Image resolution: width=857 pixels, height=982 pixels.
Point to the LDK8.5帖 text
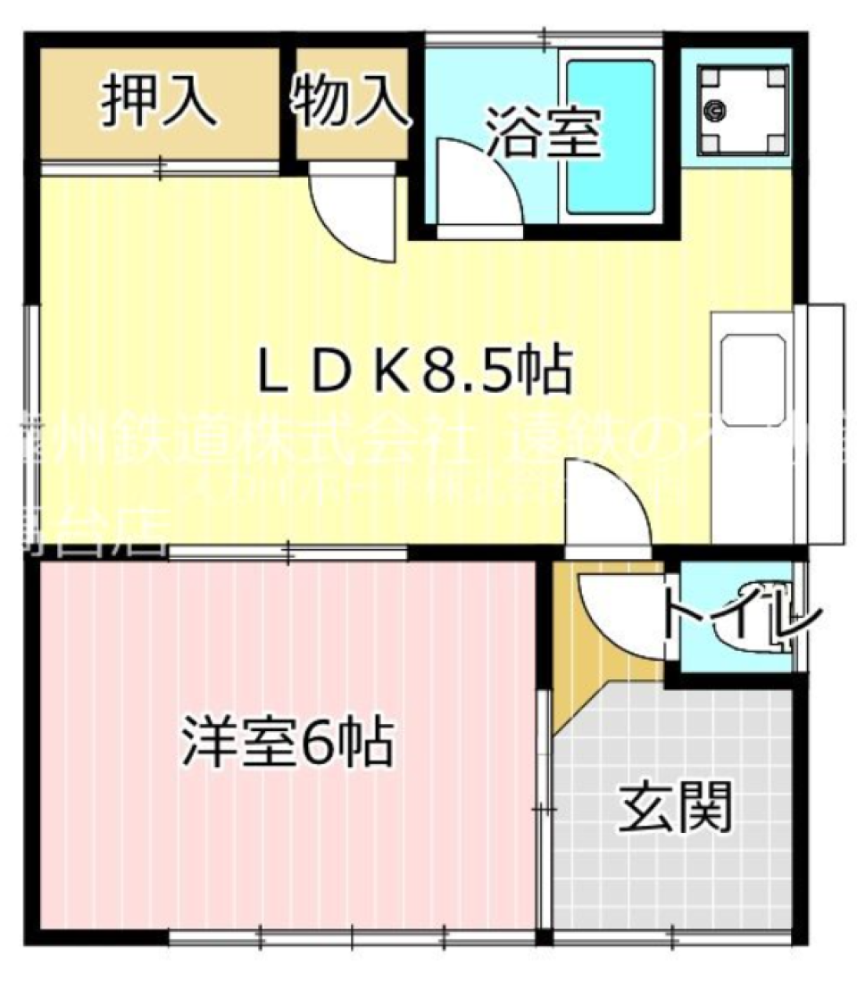(x=415, y=374)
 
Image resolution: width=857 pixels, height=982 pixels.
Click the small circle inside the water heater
(x=716, y=111)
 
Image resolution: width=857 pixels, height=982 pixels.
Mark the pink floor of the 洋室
(x=268, y=848)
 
